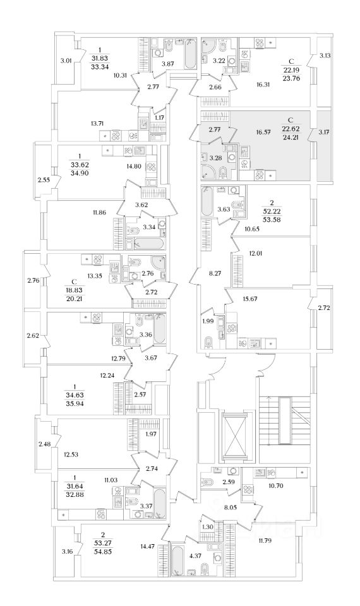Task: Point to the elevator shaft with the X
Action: click(235, 436)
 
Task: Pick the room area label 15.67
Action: click(250, 299)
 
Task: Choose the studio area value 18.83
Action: click(75, 290)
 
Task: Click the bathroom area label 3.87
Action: click(167, 63)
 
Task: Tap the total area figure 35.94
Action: click(75, 403)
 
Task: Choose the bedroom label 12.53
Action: click(71, 454)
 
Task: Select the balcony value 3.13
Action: click(325, 56)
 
